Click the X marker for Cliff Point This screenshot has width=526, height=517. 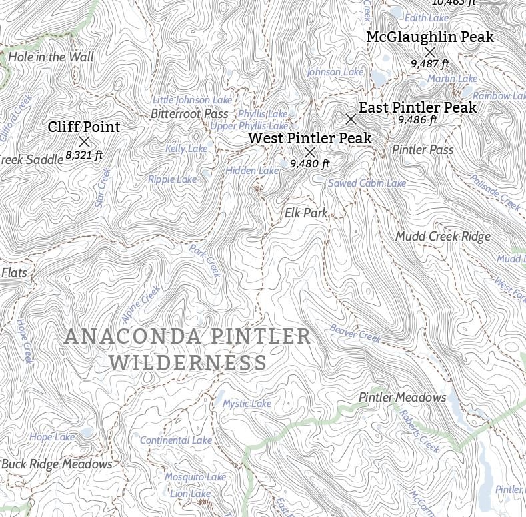(x=84, y=141)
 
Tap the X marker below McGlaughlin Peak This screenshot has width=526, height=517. (x=430, y=51)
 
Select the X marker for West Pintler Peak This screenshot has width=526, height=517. (x=309, y=152)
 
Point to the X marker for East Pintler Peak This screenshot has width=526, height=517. (x=351, y=119)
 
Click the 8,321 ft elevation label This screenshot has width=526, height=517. (x=84, y=155)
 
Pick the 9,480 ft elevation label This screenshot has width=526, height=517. (x=310, y=163)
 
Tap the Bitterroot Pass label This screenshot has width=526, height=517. (x=189, y=114)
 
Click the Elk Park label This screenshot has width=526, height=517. (x=306, y=213)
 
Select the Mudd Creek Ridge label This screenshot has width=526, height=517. (x=443, y=237)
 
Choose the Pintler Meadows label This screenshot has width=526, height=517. (x=403, y=398)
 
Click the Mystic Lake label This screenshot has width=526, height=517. (x=247, y=404)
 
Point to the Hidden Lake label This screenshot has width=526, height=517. (x=252, y=171)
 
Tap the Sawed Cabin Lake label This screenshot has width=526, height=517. (x=367, y=183)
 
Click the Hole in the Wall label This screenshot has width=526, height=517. (x=51, y=57)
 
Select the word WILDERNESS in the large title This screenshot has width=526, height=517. (x=188, y=364)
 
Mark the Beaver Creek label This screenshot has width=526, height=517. (x=355, y=333)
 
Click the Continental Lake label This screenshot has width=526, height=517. (x=176, y=440)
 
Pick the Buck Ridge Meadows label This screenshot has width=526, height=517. (x=57, y=464)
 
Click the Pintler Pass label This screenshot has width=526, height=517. (x=423, y=150)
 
